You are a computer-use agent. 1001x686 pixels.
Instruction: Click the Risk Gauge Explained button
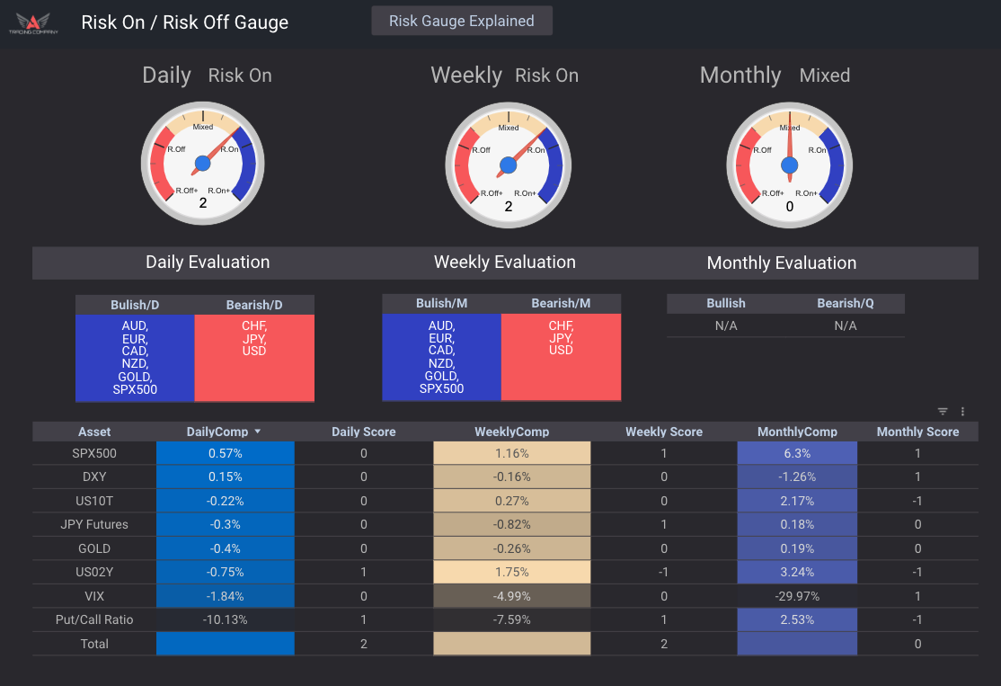coord(462,21)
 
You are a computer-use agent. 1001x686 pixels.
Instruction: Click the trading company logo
coord(33,22)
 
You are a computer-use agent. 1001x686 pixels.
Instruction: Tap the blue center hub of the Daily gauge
coord(202,164)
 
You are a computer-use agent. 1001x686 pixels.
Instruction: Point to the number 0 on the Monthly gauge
coord(790,206)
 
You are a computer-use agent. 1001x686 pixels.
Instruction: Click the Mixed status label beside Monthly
coord(824,76)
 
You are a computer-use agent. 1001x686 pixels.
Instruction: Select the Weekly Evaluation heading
coord(504,263)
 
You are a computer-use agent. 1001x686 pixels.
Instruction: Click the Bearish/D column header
coord(254,305)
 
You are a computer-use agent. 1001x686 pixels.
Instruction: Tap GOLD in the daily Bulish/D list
coord(135,377)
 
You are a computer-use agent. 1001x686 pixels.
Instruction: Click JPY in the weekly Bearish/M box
coord(561,338)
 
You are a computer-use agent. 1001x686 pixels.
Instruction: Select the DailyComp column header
coord(218,432)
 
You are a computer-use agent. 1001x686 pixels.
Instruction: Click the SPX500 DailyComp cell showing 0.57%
coord(225,454)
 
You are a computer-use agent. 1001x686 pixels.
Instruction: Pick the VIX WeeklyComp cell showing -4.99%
coord(512,595)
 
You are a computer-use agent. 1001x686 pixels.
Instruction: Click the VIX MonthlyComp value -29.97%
coord(797,595)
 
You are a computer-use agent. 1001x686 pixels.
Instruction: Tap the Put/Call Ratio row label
coord(94,619)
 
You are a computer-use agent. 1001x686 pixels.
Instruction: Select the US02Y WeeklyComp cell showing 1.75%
coord(512,572)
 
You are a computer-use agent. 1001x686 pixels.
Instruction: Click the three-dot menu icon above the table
coord(962,412)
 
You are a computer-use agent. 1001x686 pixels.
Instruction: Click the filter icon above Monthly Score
coord(943,412)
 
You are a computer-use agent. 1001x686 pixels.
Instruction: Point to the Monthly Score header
coord(917,432)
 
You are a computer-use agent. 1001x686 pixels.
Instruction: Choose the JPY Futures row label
coord(94,525)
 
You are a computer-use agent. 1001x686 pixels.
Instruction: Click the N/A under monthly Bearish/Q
coord(846,325)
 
